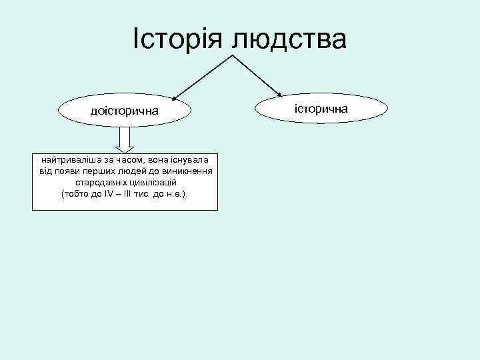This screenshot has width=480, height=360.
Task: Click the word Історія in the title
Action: (177, 38)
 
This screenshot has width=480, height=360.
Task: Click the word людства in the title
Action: (289, 39)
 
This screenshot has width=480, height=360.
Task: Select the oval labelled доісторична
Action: (125, 111)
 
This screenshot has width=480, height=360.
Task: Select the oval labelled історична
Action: (321, 107)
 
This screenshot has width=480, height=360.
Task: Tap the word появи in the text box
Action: (70, 171)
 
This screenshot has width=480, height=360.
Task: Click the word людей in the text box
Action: (138, 171)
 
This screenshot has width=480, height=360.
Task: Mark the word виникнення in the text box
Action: (189, 171)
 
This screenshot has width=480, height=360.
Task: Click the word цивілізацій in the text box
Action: (151, 182)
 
